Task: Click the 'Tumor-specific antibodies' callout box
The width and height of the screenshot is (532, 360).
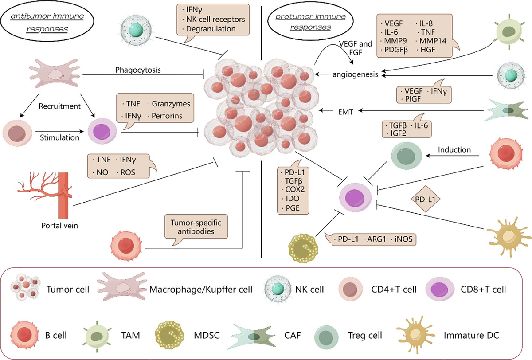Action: coord(196,225)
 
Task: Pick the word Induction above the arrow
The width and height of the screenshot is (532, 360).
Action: coord(454,149)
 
